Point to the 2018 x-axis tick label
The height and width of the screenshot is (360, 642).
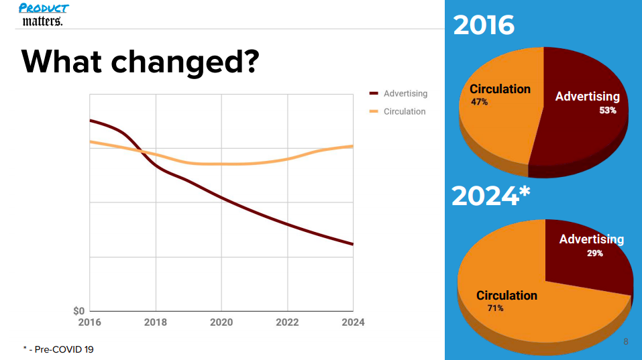pyautogui.click(x=156, y=322)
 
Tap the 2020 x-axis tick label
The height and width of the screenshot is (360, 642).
pyautogui.click(x=221, y=322)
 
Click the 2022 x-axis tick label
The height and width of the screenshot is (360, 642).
pyautogui.click(x=287, y=322)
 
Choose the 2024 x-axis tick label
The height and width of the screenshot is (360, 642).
pyautogui.click(x=353, y=322)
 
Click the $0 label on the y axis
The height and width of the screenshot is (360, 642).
pyautogui.click(x=78, y=311)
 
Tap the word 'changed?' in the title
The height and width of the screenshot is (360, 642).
pyautogui.click(x=185, y=62)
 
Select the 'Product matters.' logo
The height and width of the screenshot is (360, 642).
pyautogui.click(x=44, y=14)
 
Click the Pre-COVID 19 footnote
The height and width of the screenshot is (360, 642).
pyautogui.click(x=58, y=349)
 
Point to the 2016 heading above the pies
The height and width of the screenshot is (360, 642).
pyautogui.click(x=484, y=25)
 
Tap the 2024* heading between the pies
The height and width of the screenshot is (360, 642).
pyautogui.click(x=490, y=196)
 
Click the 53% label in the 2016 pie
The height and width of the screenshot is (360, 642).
pyautogui.click(x=607, y=111)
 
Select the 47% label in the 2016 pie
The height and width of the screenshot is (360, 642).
pyautogui.click(x=479, y=103)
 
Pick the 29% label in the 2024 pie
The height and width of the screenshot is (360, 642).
pyautogui.click(x=594, y=253)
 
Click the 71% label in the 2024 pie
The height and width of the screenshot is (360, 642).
pyautogui.click(x=495, y=308)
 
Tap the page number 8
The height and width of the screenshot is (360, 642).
pyautogui.click(x=626, y=342)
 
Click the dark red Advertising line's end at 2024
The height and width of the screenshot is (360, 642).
pyautogui.click(x=353, y=244)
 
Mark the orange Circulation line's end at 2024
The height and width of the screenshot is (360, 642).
pyautogui.click(x=353, y=146)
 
